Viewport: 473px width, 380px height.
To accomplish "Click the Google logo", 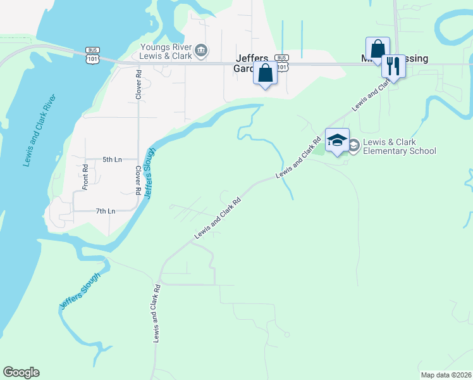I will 21,372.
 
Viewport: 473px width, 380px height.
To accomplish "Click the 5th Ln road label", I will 112,160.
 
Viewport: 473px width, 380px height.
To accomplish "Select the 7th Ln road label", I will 106,211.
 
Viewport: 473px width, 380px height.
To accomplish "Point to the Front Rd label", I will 85,177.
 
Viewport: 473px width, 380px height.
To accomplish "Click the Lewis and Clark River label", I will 40,130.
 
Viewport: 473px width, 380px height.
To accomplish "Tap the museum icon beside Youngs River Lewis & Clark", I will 201,50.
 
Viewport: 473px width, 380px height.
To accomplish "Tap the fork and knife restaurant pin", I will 393,65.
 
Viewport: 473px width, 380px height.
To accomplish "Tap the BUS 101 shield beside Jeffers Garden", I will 282,65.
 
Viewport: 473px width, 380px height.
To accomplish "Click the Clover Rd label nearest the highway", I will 137,82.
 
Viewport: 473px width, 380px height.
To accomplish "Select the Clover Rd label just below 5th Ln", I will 137,180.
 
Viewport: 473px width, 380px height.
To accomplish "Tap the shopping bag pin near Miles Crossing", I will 378,49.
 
